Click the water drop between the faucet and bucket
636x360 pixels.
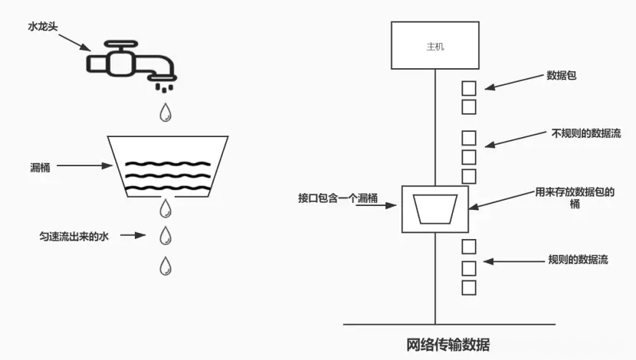[166, 113]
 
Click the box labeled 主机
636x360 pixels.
[435, 46]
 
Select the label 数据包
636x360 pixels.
[561, 76]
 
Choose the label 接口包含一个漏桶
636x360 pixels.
[338, 198]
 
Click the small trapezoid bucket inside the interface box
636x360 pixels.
[435, 208]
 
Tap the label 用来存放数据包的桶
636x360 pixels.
[575, 198]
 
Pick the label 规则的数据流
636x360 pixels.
[579, 260]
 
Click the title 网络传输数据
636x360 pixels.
[448, 343]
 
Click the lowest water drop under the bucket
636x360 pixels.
[166, 266]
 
